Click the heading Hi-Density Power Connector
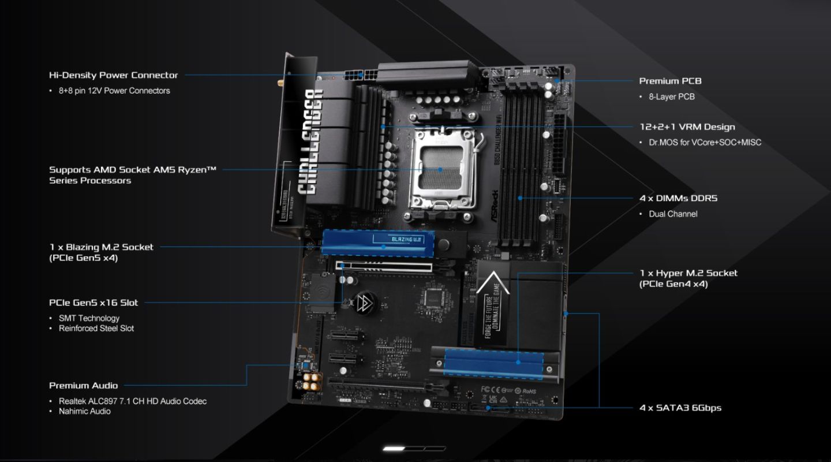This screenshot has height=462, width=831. coord(113,75)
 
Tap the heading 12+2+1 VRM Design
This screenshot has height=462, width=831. coord(687,127)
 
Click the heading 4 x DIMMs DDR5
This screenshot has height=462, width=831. coord(678,198)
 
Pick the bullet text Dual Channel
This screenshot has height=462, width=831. coord(673,214)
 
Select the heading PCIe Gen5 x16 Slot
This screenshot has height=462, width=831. coord(93,302)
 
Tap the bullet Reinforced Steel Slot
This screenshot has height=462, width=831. coord(96,328)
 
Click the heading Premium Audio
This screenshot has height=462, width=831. coord(83,385)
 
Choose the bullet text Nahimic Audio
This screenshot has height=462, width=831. coord(84,411)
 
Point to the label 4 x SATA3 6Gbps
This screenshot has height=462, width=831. coord(680,408)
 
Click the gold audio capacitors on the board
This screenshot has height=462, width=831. coord(312,379)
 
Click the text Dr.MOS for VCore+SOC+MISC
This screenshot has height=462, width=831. coord(705,142)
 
